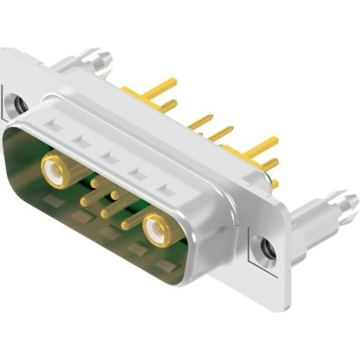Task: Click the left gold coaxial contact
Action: (55, 173)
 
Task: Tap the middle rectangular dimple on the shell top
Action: (107, 156)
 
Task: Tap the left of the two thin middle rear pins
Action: (201, 122)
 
